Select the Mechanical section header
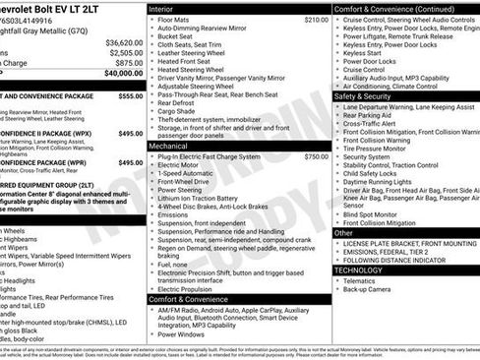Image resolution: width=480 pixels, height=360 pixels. pos(169,145)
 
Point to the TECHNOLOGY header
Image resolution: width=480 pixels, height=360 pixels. pos(358,270)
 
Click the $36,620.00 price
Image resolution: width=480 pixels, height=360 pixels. pos(125,43)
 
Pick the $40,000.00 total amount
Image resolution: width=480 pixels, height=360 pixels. pos(124,73)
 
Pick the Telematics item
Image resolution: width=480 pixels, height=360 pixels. pos(361,280)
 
